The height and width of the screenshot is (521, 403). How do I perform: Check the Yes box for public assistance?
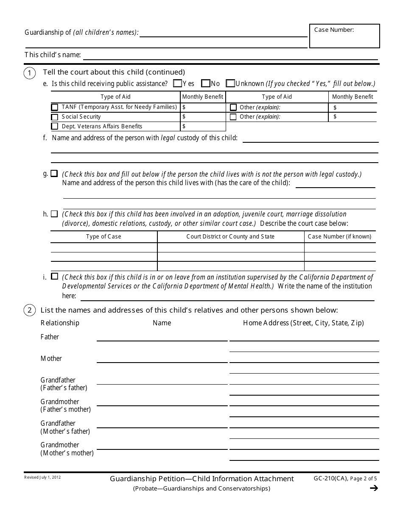click(178, 83)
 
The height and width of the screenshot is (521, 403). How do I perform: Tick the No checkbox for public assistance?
click(206, 83)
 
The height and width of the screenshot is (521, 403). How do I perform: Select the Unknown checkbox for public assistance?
click(230, 83)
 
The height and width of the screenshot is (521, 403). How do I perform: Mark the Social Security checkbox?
click(55, 117)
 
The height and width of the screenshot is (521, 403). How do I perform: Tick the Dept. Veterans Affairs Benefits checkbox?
click(55, 126)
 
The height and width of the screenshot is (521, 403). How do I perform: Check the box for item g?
click(54, 173)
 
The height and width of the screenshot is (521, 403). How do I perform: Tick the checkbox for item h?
click(54, 213)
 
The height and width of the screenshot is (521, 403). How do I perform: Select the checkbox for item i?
click(54, 276)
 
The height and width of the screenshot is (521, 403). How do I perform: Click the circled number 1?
click(29, 73)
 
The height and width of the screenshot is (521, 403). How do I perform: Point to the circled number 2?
click(29, 310)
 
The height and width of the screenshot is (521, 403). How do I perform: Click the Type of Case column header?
click(104, 236)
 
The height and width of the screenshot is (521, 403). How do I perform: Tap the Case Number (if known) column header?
click(339, 236)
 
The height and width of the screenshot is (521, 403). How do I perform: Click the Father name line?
click(162, 337)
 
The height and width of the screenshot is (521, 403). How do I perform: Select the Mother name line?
click(162, 359)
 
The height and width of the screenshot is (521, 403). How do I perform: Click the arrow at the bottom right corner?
click(374, 488)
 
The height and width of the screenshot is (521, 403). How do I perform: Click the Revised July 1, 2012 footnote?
click(42, 477)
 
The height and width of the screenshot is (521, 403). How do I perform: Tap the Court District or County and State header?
click(230, 236)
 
